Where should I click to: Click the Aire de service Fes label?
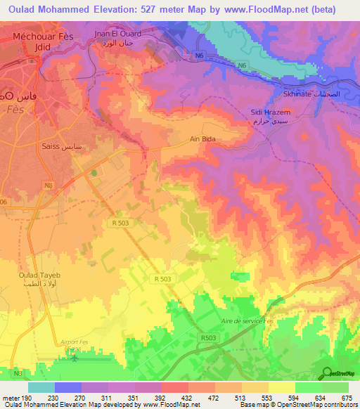click(x=245, y=320)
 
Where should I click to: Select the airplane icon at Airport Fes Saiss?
click(x=75, y=358)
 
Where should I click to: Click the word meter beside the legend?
click(x=10, y=398)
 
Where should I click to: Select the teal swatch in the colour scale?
click(x=41, y=387)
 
